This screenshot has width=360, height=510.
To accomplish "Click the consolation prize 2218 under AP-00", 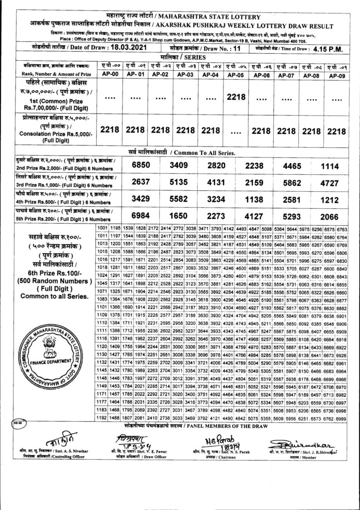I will point(109,129).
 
